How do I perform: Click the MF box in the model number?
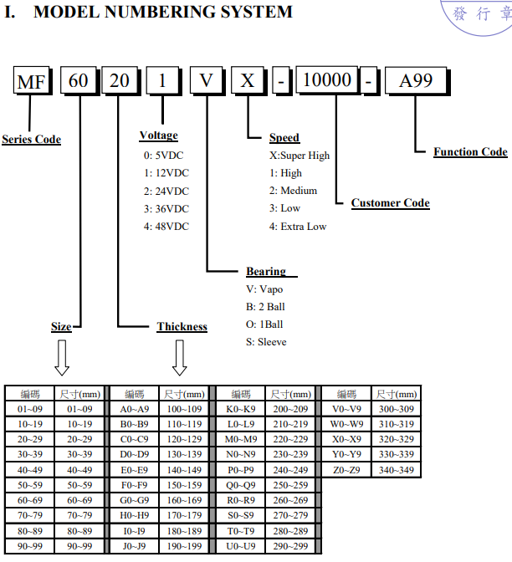tap(32, 80)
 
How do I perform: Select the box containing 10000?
tap(327, 79)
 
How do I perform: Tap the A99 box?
tap(416, 80)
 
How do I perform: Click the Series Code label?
tap(32, 139)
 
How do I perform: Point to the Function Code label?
tap(470, 152)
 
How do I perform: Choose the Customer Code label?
tap(391, 203)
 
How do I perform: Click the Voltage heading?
tap(158, 135)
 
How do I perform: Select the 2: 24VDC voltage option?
tap(166, 191)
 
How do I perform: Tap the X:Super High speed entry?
tap(300, 156)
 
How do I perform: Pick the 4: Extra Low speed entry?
tap(298, 227)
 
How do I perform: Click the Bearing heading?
tap(266, 271)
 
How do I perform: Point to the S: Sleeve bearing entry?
tap(266, 342)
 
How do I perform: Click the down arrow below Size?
tap(62, 358)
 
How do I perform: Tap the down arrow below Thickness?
tap(179, 358)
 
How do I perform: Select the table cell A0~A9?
tap(135, 409)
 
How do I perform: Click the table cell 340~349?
tap(397, 470)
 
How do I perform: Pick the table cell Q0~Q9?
tap(241, 485)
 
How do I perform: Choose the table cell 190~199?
tap(184, 546)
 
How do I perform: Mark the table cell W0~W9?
tap(346, 424)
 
